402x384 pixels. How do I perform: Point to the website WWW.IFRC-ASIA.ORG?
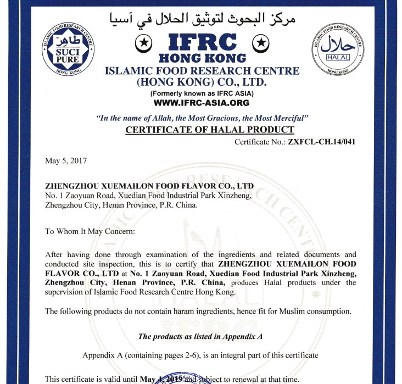[202, 103]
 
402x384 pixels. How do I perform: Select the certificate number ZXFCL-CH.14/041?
[321, 141]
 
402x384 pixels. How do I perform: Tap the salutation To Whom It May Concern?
[90, 231]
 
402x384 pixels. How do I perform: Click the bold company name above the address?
[149, 187]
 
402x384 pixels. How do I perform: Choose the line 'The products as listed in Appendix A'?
[202, 336]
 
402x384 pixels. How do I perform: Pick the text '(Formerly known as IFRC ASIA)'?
[202, 93]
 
